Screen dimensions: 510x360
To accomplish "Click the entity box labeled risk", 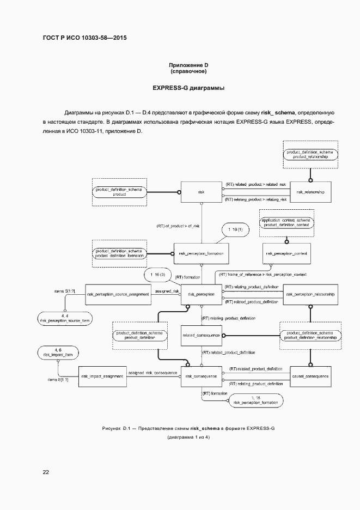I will point(202,192).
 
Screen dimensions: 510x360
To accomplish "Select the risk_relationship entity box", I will point(310,192).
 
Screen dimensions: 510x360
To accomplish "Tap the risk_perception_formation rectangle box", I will point(201,253).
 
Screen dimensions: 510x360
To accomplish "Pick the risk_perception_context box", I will point(286,253).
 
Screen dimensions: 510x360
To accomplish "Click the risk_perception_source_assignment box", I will point(118,294).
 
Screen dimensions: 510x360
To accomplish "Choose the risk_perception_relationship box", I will point(310,294).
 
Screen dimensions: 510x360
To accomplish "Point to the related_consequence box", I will point(201,335).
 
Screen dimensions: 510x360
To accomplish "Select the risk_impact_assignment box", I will point(102,376).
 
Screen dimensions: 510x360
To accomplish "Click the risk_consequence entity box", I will point(201,376).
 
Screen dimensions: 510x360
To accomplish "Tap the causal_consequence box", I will point(310,376).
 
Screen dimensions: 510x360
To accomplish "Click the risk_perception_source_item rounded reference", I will point(65,318).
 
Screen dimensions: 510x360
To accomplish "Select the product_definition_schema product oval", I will point(119,192).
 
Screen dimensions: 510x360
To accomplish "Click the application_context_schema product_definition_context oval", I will point(286,222).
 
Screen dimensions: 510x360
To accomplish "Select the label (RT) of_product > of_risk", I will point(178,226).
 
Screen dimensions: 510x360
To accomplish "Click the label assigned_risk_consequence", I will point(152,373).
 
